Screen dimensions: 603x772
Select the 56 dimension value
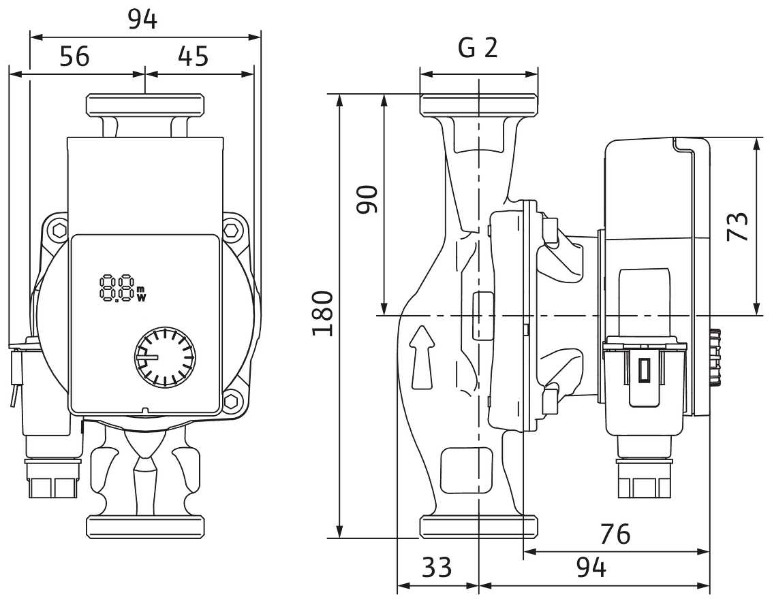tap(74, 56)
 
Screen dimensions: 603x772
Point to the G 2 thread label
tap(478, 48)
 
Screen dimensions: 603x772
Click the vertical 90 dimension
tap(369, 199)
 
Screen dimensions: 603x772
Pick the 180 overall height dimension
tap(322, 313)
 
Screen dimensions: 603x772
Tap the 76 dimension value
tap(615, 535)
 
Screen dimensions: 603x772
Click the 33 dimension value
tap(437, 567)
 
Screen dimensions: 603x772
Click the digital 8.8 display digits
tap(116, 289)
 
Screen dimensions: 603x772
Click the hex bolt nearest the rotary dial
tap(232, 402)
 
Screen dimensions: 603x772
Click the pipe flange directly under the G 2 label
tap(479, 104)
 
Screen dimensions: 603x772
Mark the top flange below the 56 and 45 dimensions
tap(145, 105)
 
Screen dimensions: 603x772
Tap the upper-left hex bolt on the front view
tap(59, 229)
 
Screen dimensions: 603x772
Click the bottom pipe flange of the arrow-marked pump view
tap(479, 526)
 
